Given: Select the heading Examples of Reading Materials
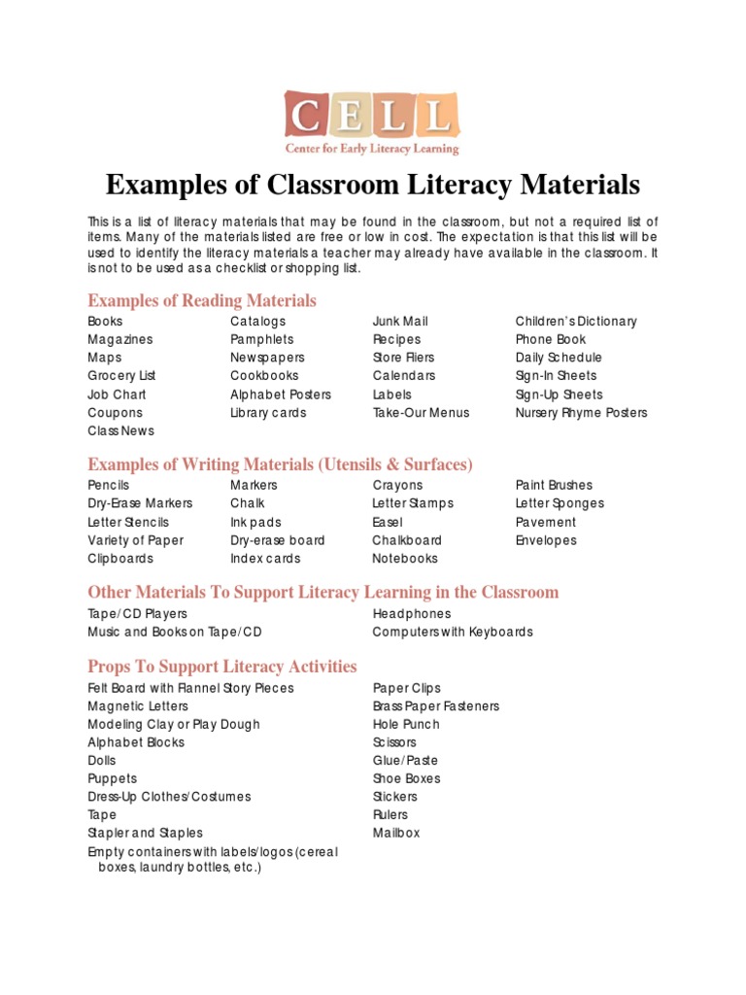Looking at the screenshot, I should tap(202, 300).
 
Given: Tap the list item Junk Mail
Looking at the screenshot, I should tap(400, 322).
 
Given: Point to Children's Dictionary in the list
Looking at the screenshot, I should tap(576, 322).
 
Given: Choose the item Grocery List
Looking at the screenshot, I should tap(121, 376).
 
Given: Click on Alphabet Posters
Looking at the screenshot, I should tap(281, 395).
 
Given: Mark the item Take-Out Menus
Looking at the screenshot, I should tap(421, 413).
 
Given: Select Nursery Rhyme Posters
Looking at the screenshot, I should tap(581, 413).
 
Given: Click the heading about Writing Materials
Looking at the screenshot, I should tap(280, 464).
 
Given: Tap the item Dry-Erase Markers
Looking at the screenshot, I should tap(140, 503).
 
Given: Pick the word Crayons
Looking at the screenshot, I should tap(398, 485).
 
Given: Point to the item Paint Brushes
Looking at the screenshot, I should tap(554, 485).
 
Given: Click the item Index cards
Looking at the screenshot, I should tap(265, 559).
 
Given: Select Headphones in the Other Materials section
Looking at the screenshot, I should tap(412, 614).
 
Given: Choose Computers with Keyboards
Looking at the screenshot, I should tap(453, 633).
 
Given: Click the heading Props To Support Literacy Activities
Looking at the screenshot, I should tap(222, 667).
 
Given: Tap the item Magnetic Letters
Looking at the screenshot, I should tap(138, 706).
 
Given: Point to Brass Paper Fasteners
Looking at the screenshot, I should tap(436, 706).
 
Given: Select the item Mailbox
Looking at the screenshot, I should tap(396, 834).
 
